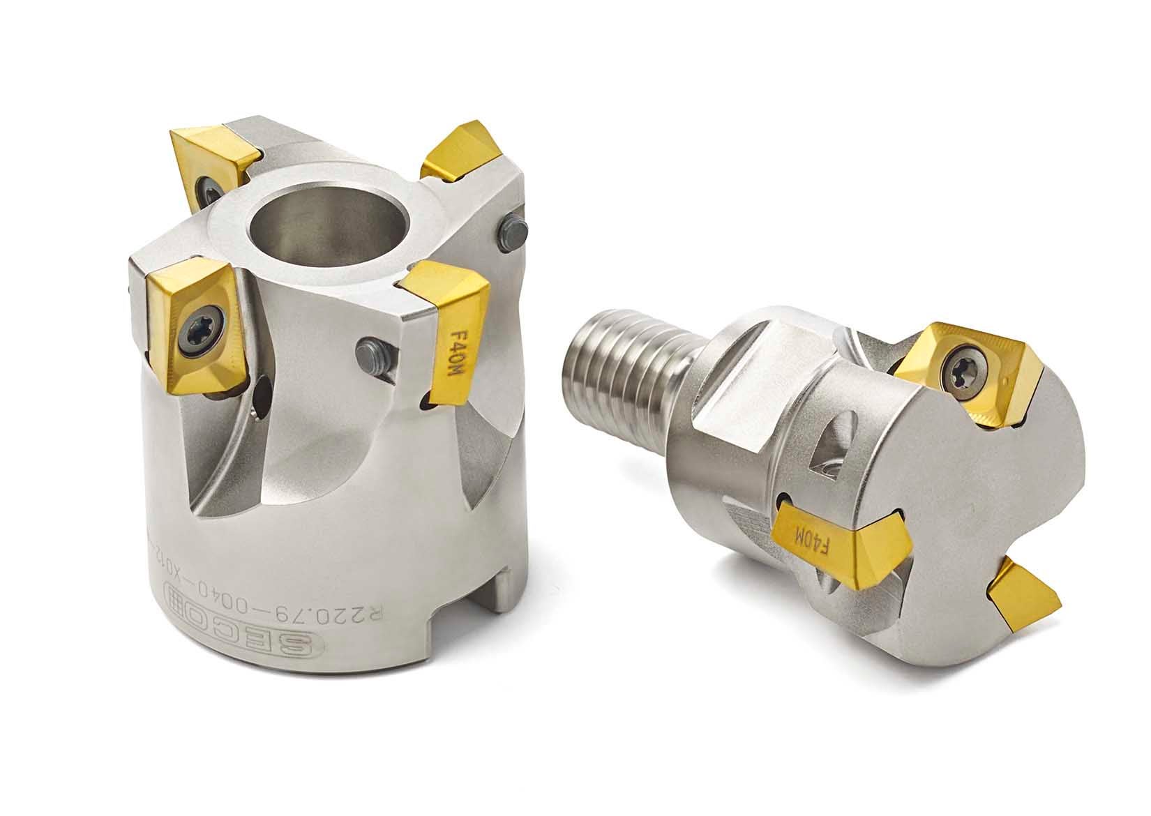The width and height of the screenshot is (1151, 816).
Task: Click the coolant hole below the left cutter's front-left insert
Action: coord(262,397)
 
